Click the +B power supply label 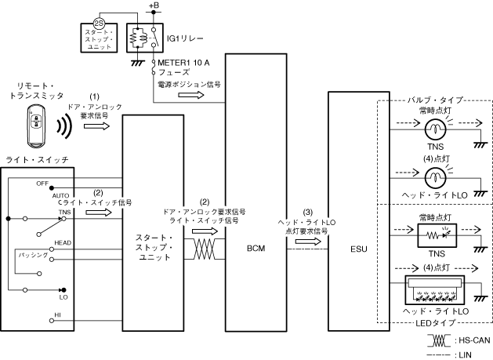point(154,5)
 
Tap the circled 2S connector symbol point(99,24)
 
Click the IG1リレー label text point(185,38)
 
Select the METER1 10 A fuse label point(183,63)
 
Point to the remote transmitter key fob point(36,125)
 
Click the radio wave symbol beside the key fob point(64,126)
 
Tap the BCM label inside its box point(256,249)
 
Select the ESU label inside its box point(359,249)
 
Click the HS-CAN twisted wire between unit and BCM point(205,249)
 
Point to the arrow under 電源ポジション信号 point(191,95)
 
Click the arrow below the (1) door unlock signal point(97,126)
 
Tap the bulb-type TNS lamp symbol point(435,129)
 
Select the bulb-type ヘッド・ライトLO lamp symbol point(435,178)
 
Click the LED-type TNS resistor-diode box point(437,235)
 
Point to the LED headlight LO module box point(435,290)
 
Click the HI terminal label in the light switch point(57,315)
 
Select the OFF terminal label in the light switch point(42,184)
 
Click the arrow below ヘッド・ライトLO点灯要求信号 point(308,242)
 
